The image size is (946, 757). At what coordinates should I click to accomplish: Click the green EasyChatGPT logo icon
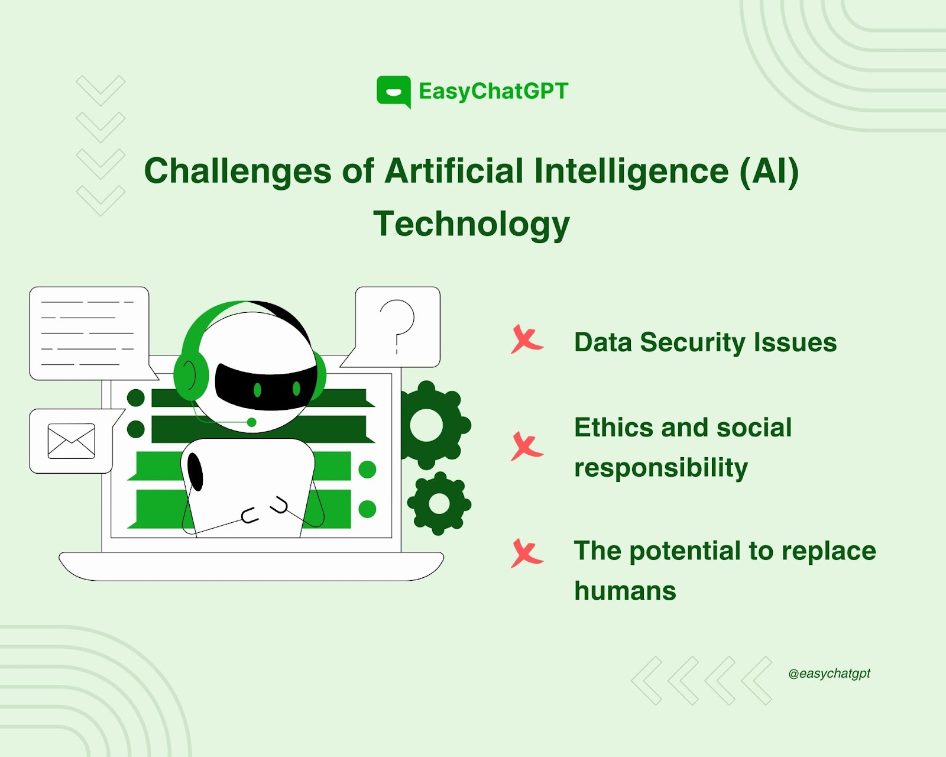[394, 92]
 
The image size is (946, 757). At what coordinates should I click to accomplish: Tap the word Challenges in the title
[237, 172]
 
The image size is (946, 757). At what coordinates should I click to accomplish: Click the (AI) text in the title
[769, 171]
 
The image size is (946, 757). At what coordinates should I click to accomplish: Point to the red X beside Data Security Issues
[527, 339]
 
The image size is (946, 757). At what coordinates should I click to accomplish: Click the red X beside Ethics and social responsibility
[527, 446]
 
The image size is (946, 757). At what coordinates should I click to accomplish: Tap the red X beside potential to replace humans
[527, 553]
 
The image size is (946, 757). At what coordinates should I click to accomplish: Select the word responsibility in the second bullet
[660, 468]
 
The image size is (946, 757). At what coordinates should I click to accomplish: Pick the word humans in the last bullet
[625, 590]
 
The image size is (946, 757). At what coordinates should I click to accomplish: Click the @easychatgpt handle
[829, 674]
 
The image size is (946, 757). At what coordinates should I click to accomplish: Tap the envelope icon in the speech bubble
[71, 441]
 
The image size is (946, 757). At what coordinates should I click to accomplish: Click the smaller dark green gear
[439, 503]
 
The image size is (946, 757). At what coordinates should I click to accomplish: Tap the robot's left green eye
[258, 389]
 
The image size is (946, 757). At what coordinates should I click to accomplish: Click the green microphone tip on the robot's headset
[251, 422]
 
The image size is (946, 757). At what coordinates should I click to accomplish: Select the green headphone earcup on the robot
[190, 375]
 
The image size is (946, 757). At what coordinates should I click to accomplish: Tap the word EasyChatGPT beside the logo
[494, 92]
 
